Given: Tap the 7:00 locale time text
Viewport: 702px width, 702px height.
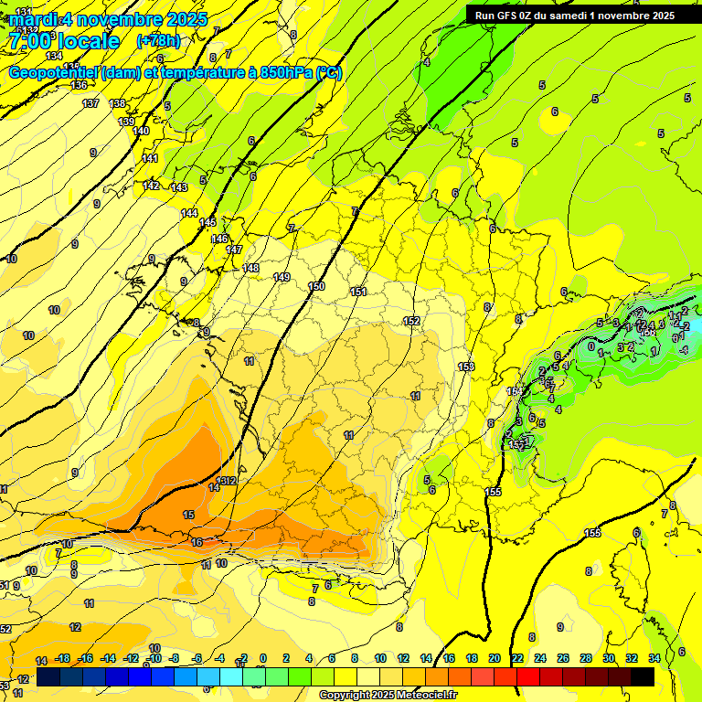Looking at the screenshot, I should [x=63, y=41].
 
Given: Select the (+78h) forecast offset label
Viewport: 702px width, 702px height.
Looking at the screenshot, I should [x=159, y=41].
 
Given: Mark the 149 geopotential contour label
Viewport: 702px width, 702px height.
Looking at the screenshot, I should [x=282, y=277].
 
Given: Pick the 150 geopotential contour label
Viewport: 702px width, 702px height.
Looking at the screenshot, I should [x=316, y=287].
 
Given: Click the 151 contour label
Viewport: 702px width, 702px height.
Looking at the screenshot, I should [x=358, y=292].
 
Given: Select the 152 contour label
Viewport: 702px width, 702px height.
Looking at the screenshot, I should [x=411, y=321].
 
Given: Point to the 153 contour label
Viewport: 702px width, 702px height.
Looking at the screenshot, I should [x=466, y=367].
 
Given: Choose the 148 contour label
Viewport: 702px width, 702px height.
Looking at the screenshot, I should [x=251, y=268].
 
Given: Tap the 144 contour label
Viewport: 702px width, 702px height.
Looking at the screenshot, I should [x=189, y=213].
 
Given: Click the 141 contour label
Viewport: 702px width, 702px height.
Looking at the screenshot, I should [x=150, y=159].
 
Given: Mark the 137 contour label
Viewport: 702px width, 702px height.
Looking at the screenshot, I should [x=90, y=103].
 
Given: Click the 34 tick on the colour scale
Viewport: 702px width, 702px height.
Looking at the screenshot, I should [x=654, y=658].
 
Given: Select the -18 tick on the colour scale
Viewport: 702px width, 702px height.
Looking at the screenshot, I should [x=63, y=658].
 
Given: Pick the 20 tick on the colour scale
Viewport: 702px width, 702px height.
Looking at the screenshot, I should [x=495, y=658].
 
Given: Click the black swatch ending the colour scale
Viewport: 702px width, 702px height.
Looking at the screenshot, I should [x=643, y=676].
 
